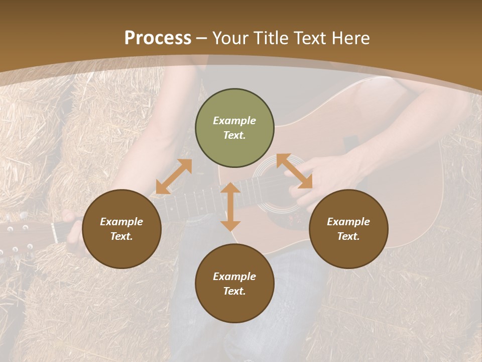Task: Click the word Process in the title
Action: coord(158,38)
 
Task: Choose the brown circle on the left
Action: coord(122,229)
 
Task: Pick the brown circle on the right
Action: coord(348,229)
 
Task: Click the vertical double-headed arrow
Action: coord(230,207)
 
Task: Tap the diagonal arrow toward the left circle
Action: coord(174,176)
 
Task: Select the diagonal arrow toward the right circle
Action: coord(295,171)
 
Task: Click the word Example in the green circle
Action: coord(234,121)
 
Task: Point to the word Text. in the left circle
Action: coord(122,236)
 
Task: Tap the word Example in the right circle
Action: coord(348,222)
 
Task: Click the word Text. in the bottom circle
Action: coord(234,291)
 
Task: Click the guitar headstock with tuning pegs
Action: coord(20,236)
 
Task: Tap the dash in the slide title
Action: coord(202,38)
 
